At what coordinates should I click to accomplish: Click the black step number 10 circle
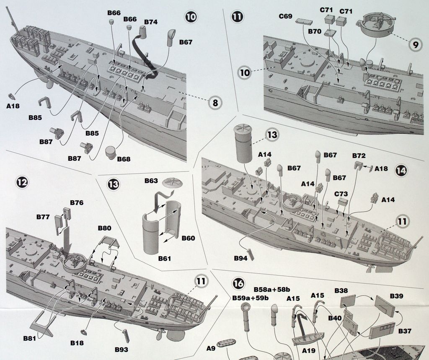click(x=191, y=16)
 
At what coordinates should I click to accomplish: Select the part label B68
click(x=124, y=159)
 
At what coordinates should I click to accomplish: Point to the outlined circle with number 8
click(x=215, y=102)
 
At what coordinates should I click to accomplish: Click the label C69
click(x=285, y=16)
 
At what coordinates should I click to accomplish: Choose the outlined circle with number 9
click(x=415, y=44)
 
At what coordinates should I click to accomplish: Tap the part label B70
click(x=314, y=31)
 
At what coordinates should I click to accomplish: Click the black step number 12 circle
click(x=22, y=182)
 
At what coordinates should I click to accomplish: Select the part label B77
click(x=43, y=217)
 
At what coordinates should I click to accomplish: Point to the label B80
click(x=104, y=228)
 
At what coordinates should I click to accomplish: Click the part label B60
click(x=188, y=238)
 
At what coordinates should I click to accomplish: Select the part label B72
click(x=359, y=155)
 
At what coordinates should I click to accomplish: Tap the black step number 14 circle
click(x=401, y=171)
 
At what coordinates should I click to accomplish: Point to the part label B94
click(x=240, y=258)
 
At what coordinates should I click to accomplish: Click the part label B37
click(x=405, y=331)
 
